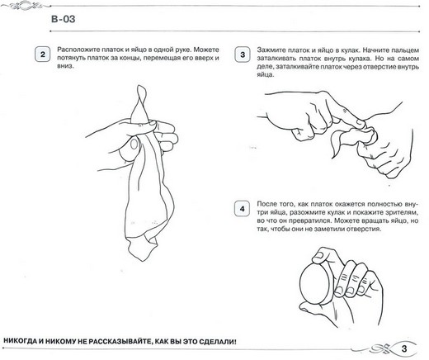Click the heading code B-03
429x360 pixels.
click(63, 19)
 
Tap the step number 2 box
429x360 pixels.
click(43, 54)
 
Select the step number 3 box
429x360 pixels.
click(243, 54)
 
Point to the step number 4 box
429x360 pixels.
click(242, 209)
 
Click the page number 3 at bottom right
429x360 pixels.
click(404, 348)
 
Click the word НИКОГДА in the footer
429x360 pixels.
click(19, 342)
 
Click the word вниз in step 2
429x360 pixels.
click(64, 66)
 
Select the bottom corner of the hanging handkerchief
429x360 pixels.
click(142, 260)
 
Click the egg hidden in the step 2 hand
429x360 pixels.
click(130, 149)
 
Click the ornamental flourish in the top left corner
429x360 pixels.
click(22, 5)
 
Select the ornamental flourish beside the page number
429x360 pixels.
click(379, 348)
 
